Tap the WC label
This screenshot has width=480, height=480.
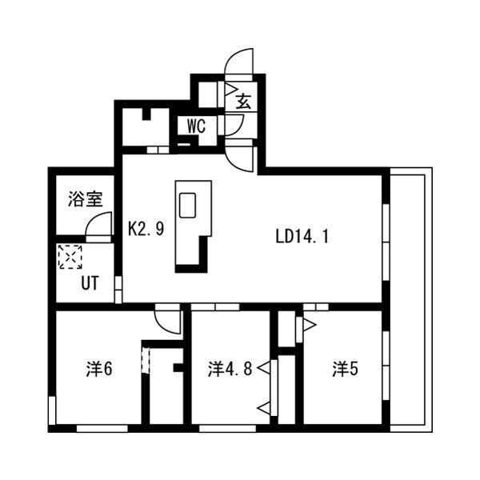[197, 126]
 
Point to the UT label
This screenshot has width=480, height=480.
[89, 282]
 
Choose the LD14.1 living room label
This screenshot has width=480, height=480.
[302, 236]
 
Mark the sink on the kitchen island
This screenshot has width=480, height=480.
[188, 205]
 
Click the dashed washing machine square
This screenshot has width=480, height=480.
[70, 257]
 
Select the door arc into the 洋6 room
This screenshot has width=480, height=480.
[168, 321]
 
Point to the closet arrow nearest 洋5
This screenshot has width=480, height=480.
[307, 324]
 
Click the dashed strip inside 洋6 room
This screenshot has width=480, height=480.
[146, 358]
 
